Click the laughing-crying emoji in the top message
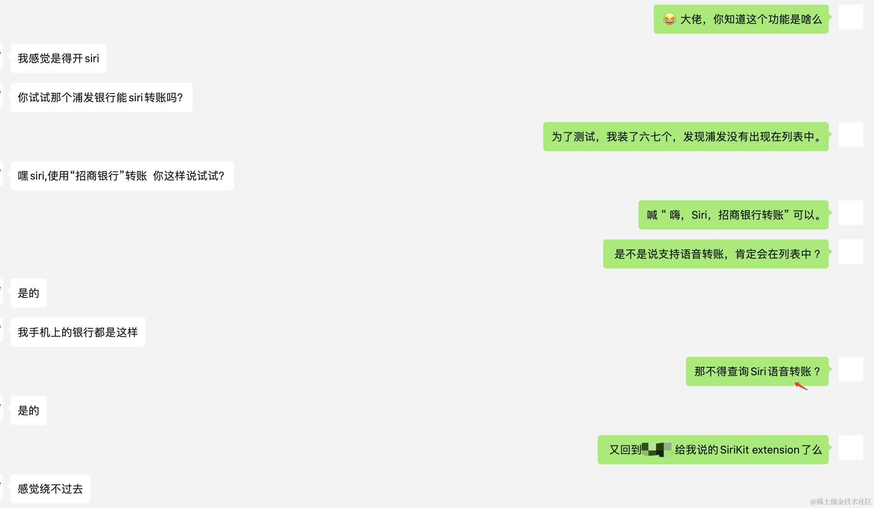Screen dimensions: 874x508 click(670, 20)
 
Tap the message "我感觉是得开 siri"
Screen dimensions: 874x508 click(58, 58)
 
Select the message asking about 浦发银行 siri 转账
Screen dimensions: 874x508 click(101, 97)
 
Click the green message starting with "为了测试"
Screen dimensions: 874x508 click(686, 137)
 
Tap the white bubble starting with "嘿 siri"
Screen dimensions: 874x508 click(122, 176)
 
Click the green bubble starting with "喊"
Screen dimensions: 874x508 click(733, 215)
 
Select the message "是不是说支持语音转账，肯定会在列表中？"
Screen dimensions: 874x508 click(716, 254)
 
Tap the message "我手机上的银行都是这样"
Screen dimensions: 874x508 click(78, 332)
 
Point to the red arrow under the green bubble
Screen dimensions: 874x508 click(801, 386)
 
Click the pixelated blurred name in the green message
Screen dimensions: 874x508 click(656, 450)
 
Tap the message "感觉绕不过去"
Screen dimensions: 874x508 click(50, 489)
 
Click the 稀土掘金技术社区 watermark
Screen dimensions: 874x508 click(841, 501)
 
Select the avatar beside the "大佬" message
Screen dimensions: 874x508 click(851, 17)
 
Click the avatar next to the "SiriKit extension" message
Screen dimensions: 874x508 click(851, 447)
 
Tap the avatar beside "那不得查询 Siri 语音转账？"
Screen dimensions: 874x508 click(851, 369)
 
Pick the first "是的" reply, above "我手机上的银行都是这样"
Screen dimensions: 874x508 click(28, 293)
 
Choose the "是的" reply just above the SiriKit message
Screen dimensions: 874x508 click(28, 411)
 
